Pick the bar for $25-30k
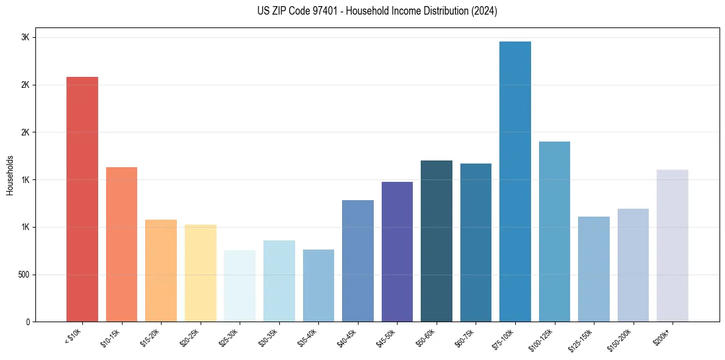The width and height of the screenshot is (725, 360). coord(240,286)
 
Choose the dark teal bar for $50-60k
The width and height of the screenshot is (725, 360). coord(437,241)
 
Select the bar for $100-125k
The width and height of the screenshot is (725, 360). coord(554,232)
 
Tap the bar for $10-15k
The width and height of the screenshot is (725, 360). coord(121,245)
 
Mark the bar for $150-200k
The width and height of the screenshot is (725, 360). coord(633,265)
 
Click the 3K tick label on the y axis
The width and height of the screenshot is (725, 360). coord(26,37)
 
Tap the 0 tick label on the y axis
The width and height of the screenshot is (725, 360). coord(28,322)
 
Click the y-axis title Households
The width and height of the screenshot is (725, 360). coord(10,175)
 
